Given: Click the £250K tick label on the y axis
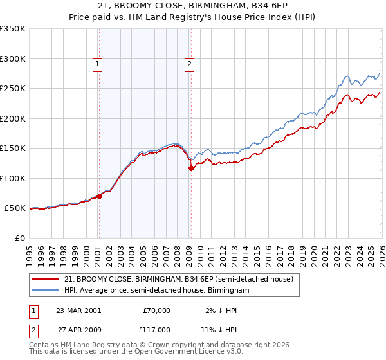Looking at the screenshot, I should pyautogui.click(x=12, y=89).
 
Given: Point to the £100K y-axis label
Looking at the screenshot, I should pyautogui.click(x=12, y=178).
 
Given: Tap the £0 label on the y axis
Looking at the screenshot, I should pyautogui.click(x=19, y=239).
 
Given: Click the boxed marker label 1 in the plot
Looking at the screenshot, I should pyautogui.click(x=97, y=64).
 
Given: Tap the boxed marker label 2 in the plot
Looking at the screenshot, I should pyautogui.click(x=190, y=64).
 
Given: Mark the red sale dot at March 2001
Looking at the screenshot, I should pyautogui.click(x=100, y=196).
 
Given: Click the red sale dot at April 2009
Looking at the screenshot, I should pyautogui.click(x=191, y=168).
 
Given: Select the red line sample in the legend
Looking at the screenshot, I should pyautogui.click(x=46, y=279).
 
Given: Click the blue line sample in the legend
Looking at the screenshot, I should pyautogui.click(x=46, y=291).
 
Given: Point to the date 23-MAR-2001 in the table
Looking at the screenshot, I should pyautogui.click(x=78, y=310).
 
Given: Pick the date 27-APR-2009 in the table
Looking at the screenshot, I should pyautogui.click(x=78, y=328).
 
